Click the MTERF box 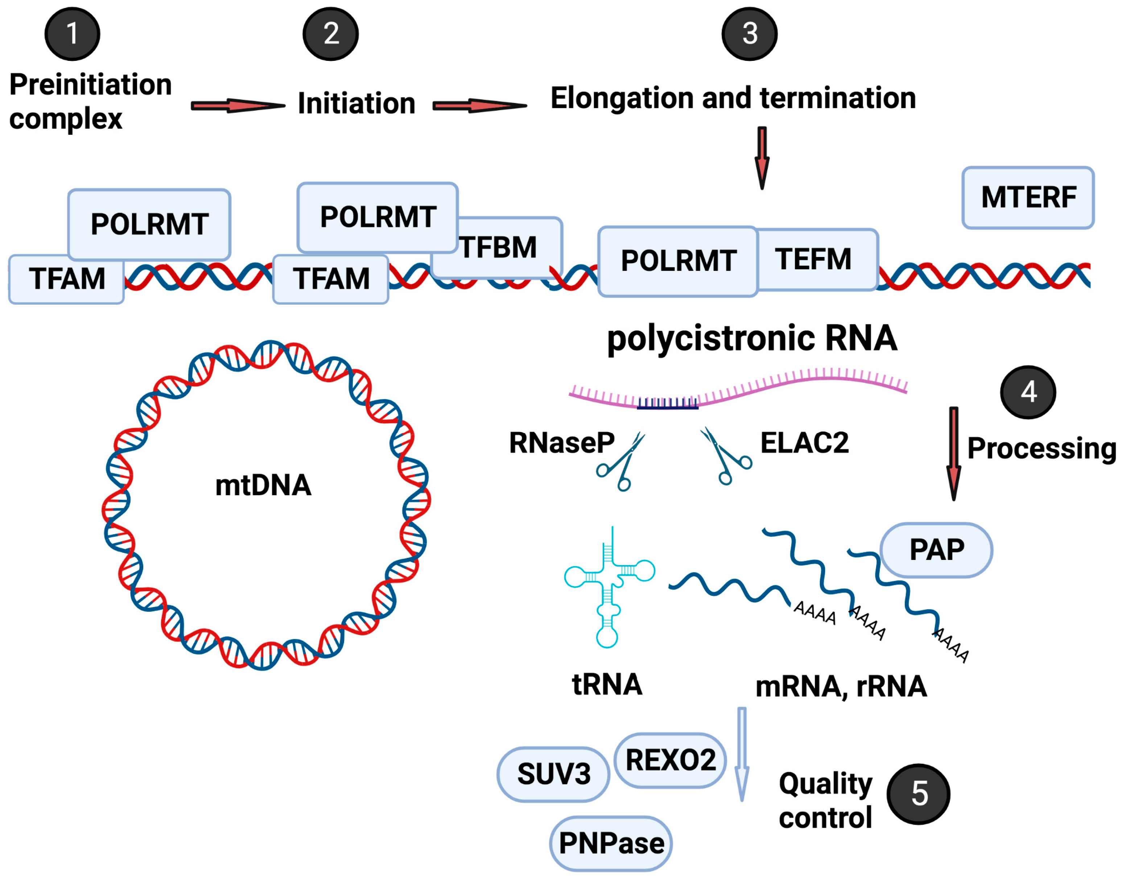click(1028, 197)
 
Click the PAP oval click(936, 550)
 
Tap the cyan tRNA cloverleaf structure click(609, 588)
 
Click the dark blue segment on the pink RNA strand click(667, 404)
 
